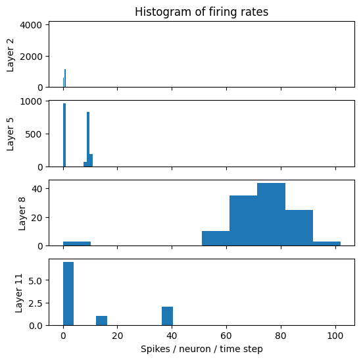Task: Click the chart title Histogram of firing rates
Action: pos(201,12)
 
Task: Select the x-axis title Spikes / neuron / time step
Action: pos(201,349)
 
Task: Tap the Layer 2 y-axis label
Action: pos(11,55)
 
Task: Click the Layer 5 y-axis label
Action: pos(11,134)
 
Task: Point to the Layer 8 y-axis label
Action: pos(22,214)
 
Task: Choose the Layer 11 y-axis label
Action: pos(19,293)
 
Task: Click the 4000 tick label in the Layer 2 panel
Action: pos(31,25)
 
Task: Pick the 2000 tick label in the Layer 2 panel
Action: pos(31,56)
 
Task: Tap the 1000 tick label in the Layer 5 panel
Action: pos(31,101)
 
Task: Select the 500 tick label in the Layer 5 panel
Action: pos(34,134)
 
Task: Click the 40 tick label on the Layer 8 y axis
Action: pos(37,189)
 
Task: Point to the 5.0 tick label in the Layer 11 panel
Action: pos(36,280)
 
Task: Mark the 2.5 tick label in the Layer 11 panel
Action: pos(36,303)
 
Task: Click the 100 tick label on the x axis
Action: pos(335,336)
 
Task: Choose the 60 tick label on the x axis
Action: pos(226,336)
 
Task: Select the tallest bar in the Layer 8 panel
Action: pos(271,215)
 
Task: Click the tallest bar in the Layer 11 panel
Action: pos(68,294)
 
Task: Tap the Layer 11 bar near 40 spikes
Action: pos(168,316)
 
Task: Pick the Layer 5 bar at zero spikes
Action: pos(64,135)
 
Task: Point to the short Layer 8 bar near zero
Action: pos(77,244)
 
